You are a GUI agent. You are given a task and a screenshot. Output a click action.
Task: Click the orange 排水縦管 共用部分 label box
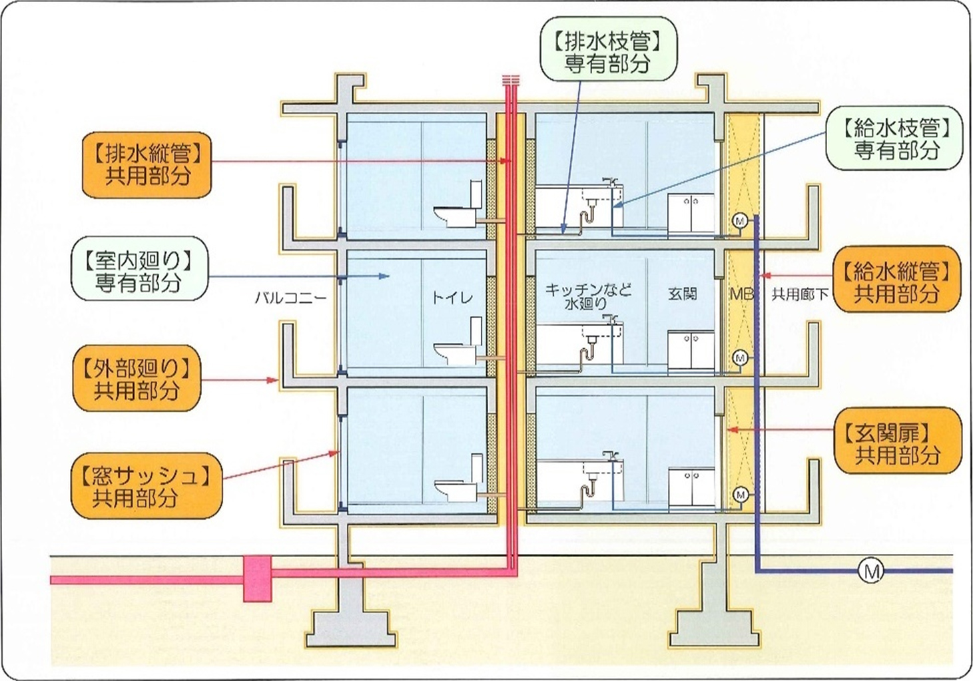point(147,165)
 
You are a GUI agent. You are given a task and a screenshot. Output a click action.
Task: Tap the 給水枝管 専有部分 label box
point(895,138)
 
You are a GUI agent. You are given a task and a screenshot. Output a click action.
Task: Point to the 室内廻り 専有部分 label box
point(139,270)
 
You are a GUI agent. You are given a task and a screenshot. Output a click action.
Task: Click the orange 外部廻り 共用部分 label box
point(137,379)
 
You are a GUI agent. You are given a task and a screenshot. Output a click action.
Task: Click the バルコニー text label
point(290,297)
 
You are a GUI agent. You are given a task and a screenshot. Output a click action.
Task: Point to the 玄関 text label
point(682,293)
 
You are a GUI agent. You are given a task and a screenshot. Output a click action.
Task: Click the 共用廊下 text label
point(799,294)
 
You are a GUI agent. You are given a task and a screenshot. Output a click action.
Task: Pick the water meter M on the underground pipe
point(871,570)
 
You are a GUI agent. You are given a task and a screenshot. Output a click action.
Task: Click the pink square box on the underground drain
point(258,578)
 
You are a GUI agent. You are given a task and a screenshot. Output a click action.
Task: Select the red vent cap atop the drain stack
point(510,81)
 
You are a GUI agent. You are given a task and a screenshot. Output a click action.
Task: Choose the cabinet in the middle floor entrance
point(691,350)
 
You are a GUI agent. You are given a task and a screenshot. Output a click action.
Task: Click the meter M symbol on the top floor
point(739,221)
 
